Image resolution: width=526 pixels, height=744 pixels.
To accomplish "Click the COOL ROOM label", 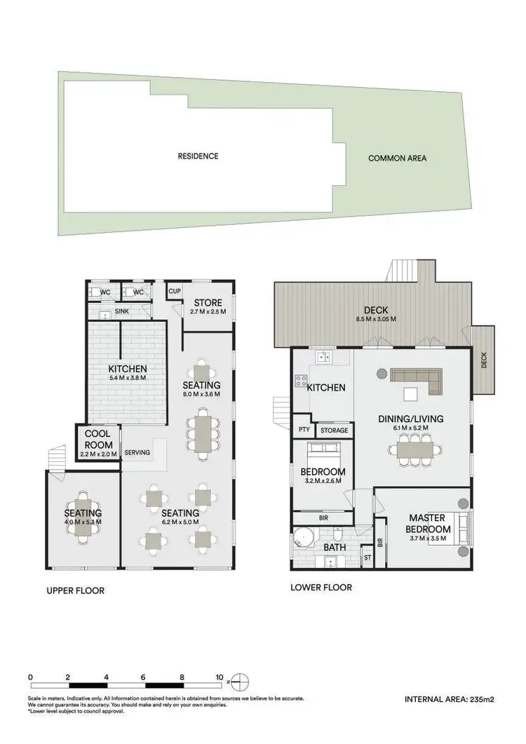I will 97,439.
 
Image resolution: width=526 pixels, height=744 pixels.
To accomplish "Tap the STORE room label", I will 208,303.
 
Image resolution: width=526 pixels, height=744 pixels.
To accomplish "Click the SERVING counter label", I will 137,452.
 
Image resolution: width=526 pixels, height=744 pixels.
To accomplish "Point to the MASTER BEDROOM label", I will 429,524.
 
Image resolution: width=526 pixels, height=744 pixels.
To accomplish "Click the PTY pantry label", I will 304,429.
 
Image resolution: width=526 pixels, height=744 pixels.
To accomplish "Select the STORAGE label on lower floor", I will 333,430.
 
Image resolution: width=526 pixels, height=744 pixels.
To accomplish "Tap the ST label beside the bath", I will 367,558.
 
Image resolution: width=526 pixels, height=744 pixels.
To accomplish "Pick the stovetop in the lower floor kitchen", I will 301,381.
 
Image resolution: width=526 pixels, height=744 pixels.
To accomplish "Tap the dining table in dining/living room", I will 419,447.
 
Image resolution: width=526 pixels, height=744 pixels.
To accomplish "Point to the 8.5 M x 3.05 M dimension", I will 376,319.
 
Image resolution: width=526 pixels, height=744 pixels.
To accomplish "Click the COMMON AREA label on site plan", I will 397,158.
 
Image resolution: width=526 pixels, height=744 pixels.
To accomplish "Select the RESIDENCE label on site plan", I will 198,156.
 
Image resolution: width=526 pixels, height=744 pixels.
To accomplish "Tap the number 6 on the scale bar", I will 144,677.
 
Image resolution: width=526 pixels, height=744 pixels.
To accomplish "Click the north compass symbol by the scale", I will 238,679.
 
